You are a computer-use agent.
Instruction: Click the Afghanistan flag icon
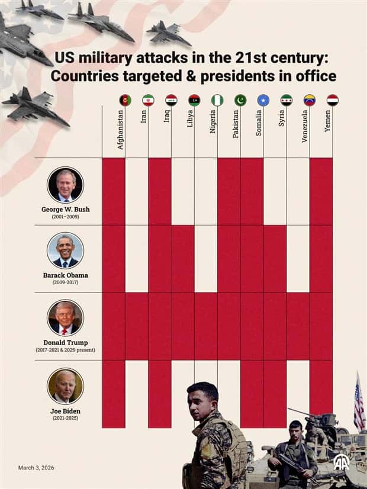(x=125, y=100)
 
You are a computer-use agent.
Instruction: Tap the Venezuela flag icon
(x=310, y=100)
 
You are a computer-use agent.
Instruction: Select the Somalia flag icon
(x=263, y=100)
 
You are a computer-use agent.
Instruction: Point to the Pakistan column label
(x=236, y=126)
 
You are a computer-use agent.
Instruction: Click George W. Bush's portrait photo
(x=65, y=185)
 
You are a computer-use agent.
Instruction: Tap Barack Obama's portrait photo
(x=65, y=250)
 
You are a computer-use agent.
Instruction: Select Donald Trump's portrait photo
(x=65, y=318)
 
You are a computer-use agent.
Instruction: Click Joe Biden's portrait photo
(x=65, y=386)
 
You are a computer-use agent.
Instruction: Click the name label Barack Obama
(x=65, y=275)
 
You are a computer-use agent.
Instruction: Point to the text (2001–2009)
(x=65, y=217)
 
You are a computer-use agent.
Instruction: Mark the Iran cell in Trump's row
(x=137, y=326)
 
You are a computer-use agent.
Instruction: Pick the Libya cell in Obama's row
(x=183, y=259)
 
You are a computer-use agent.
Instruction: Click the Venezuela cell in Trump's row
(x=298, y=326)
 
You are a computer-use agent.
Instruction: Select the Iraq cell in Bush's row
(x=160, y=191)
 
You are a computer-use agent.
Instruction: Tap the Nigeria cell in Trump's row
(x=206, y=326)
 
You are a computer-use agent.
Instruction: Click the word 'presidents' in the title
(x=221, y=76)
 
